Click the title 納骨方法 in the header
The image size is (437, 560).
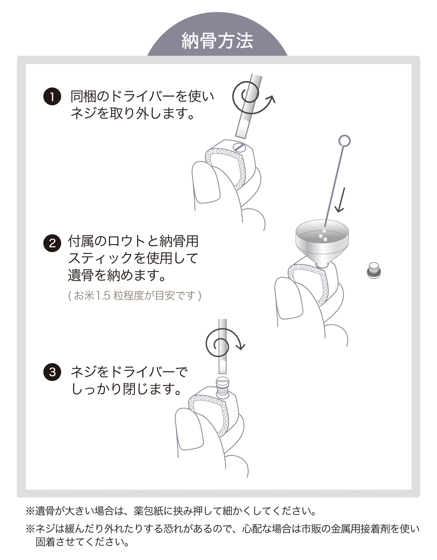tap(217, 41)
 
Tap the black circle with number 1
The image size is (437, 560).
tap(52, 97)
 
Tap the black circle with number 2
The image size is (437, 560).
tap(52, 243)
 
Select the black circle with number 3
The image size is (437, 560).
tap(52, 371)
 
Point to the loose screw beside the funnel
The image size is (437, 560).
tap(374, 271)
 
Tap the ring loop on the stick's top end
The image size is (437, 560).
tap(344, 141)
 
